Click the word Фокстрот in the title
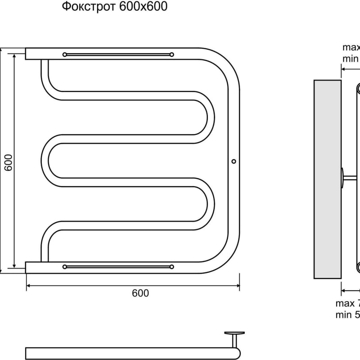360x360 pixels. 89,8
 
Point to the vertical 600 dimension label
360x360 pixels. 8,162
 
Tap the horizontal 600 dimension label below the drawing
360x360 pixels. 140,293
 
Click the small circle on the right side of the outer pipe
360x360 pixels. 233,161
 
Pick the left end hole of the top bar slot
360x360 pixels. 65,54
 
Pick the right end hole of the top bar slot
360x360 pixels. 171,54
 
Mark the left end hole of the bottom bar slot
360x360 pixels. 65,267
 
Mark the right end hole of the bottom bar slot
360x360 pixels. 171,267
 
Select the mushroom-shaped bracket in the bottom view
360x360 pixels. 234,335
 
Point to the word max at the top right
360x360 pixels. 351,48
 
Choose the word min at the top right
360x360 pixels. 350,58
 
